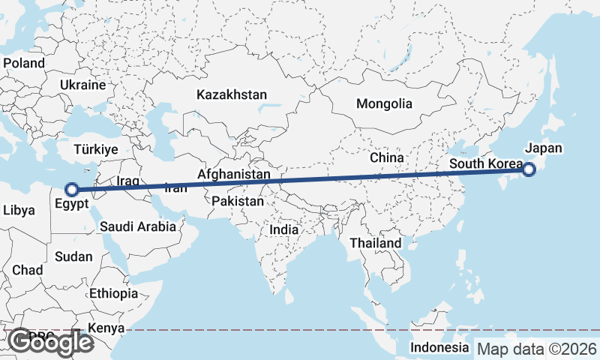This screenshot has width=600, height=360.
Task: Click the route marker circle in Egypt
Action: (72, 190)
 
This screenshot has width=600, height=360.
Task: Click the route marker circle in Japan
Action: (529, 169)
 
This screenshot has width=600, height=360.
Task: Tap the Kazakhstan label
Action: (232, 95)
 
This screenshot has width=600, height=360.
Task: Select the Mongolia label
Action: (384, 103)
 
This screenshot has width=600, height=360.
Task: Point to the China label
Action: (387, 158)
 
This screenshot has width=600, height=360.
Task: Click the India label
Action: (284, 230)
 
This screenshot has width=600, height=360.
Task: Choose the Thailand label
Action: (376, 244)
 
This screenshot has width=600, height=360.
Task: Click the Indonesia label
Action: (439, 348)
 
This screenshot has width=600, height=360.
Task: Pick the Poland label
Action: (24, 63)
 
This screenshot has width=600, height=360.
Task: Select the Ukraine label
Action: (83, 85)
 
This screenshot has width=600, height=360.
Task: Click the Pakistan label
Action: (238, 202)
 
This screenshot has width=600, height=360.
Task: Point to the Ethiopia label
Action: (113, 293)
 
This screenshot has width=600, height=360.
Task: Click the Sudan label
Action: (73, 256)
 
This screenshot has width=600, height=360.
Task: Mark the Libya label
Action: (19, 211)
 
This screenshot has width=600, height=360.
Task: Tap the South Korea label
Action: (485, 163)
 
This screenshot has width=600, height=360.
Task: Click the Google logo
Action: (51, 342)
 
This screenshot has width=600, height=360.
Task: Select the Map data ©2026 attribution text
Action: (537, 349)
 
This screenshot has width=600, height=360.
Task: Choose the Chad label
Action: (27, 270)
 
